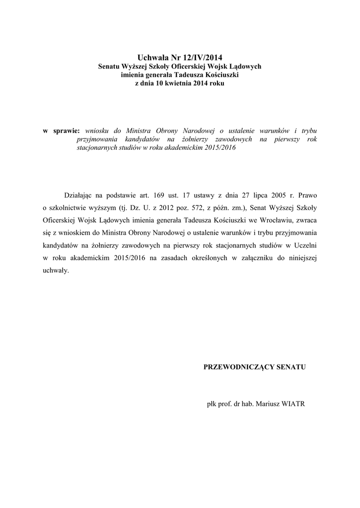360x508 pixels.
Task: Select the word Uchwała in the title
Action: pos(153,58)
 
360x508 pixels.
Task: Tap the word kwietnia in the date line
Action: pos(181,84)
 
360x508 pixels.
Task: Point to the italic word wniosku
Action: pos(98,130)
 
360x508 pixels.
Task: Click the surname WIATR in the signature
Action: pos(292,404)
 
